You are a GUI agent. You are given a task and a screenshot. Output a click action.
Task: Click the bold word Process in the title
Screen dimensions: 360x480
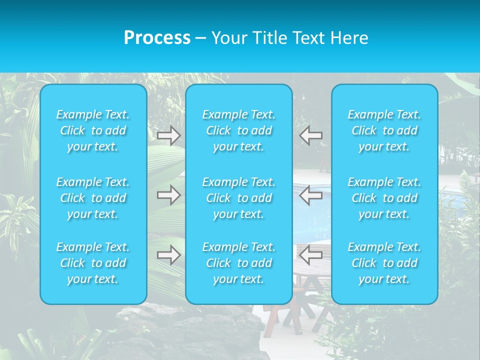pyautogui.click(x=157, y=38)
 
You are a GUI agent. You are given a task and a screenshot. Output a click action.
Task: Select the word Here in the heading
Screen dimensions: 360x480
pyautogui.click(x=350, y=38)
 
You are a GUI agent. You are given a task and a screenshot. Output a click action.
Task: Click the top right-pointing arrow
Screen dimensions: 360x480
pyautogui.click(x=168, y=135)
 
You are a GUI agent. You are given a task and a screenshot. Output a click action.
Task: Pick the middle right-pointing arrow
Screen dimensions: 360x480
pyautogui.click(x=168, y=195)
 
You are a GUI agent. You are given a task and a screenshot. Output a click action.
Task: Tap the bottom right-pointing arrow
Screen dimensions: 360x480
pyautogui.click(x=168, y=255)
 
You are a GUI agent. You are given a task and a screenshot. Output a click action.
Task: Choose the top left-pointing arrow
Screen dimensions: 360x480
pyautogui.click(x=310, y=135)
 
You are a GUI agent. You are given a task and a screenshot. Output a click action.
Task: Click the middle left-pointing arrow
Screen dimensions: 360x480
pyautogui.click(x=310, y=195)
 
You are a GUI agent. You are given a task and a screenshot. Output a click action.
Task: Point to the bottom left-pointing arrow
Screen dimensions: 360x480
pyautogui.click(x=310, y=255)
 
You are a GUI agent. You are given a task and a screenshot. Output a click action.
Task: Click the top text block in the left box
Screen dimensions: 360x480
pyautogui.click(x=93, y=130)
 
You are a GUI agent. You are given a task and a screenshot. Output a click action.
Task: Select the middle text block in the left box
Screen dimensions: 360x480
pyautogui.click(x=93, y=198)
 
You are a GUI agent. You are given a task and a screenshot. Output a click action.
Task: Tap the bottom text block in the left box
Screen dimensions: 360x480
pyautogui.click(x=93, y=263)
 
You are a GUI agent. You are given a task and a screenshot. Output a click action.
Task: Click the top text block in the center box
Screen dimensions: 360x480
pyautogui.click(x=239, y=130)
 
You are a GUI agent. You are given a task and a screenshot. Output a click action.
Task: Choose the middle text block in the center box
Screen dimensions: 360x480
pyautogui.click(x=239, y=198)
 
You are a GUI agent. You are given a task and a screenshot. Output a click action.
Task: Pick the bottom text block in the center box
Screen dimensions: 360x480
pyautogui.click(x=239, y=263)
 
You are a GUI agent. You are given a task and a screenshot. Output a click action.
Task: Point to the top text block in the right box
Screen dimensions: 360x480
pyautogui.click(x=384, y=130)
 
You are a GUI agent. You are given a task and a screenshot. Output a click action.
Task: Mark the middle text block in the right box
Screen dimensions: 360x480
pyautogui.click(x=384, y=198)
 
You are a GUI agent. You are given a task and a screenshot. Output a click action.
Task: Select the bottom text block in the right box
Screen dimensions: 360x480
pyautogui.click(x=384, y=263)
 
